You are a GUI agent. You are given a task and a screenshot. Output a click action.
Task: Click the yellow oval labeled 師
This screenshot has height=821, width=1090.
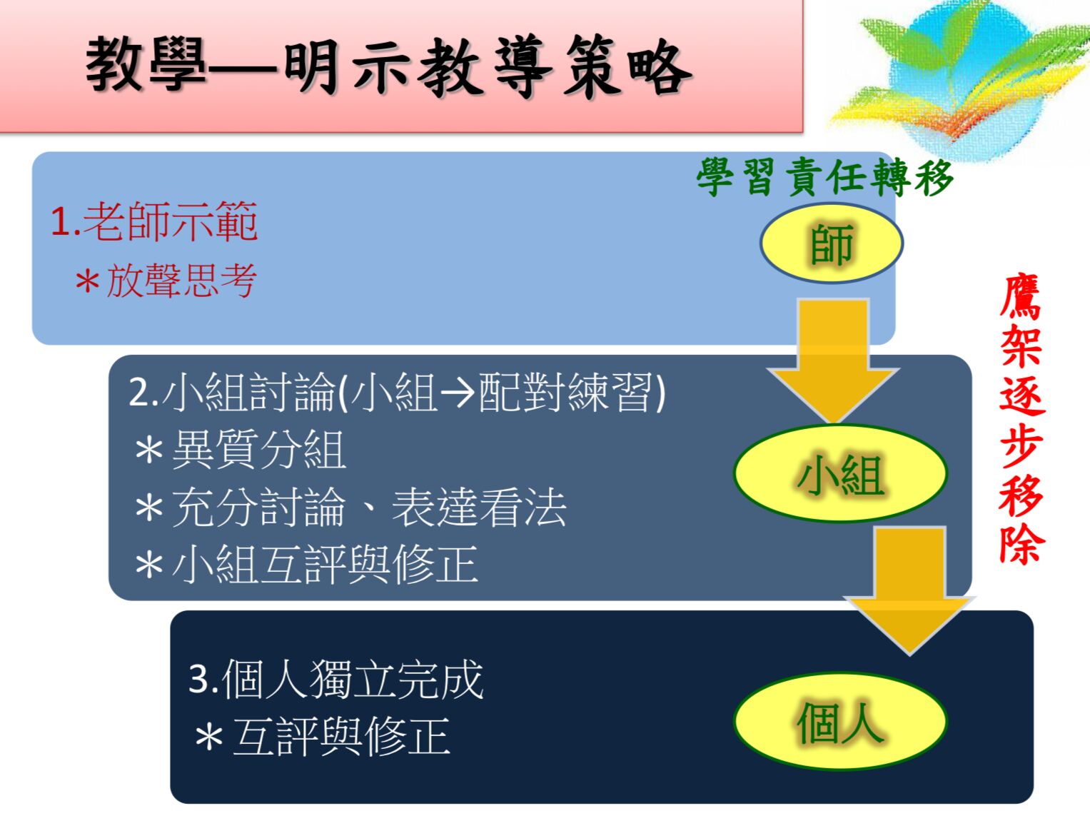[x=832, y=243]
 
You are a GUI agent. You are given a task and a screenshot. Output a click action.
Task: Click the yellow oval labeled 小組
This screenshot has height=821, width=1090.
[x=840, y=474]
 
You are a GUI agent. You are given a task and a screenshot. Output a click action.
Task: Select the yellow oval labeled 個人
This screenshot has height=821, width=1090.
[x=840, y=721]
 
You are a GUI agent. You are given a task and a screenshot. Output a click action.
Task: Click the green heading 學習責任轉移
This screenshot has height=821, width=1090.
[x=824, y=177]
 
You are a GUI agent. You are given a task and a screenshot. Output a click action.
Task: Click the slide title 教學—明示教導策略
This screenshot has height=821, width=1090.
[x=389, y=66]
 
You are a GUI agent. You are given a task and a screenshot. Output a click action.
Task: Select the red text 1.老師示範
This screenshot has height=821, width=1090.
[x=154, y=222]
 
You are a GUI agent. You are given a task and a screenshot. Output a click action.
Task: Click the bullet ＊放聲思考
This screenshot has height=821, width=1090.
[x=166, y=281]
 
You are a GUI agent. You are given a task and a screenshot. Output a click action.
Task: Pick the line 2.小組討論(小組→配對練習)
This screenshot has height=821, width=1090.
[x=397, y=392]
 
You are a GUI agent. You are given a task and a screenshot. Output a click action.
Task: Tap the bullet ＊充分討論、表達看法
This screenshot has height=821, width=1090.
[x=350, y=508]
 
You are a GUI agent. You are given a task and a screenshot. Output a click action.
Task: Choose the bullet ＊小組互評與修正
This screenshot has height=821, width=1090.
[x=306, y=565]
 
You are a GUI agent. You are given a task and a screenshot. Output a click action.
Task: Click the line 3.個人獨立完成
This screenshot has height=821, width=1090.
[x=335, y=679]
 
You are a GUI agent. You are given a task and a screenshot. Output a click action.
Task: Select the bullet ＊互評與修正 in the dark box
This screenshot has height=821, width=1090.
[x=322, y=737]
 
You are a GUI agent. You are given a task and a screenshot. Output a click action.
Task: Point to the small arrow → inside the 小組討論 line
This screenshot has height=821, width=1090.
[x=457, y=393]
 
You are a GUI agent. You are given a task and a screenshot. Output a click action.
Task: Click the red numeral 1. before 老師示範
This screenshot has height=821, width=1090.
[x=65, y=222]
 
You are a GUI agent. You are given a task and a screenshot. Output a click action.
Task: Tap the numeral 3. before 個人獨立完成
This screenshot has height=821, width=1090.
[x=203, y=679]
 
